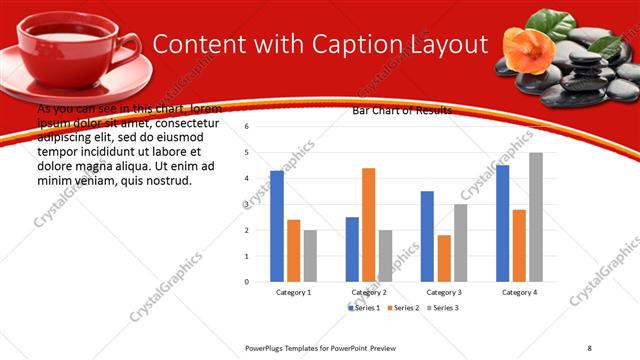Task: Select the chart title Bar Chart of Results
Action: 401,110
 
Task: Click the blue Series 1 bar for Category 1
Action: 277,226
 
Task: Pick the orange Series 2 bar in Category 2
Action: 368,225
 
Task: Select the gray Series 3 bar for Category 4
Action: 535,217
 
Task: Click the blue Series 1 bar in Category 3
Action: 427,236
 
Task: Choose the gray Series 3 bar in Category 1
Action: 309,255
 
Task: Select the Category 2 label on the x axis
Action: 369,292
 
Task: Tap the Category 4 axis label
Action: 518,292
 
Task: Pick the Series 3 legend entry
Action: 447,307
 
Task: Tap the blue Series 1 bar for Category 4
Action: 502,223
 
